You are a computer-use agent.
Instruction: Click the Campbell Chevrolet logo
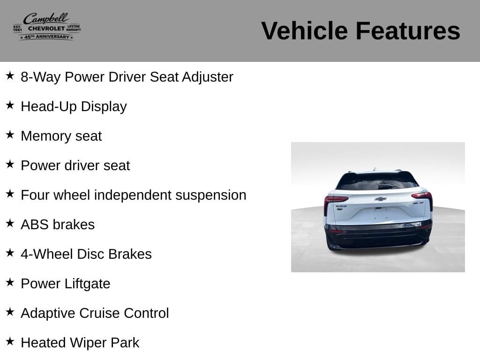pyautogui.click(x=47, y=27)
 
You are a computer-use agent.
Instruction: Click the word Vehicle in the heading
pyautogui.click(x=304, y=31)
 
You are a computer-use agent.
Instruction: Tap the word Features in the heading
pyautogui.click(x=408, y=31)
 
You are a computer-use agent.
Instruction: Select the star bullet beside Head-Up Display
pyautogui.click(x=10, y=105)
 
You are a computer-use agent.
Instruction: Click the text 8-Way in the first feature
pyautogui.click(x=41, y=77)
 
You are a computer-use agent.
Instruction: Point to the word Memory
pyautogui.click(x=46, y=136)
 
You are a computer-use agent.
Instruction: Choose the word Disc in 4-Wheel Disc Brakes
pyautogui.click(x=90, y=254)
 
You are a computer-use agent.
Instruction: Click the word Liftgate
pyautogui.click(x=87, y=284)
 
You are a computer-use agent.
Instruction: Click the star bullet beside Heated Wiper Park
pyautogui.click(x=10, y=341)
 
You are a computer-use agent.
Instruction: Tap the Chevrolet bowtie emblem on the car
pyautogui.click(x=380, y=199)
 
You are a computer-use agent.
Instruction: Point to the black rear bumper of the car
pyautogui.click(x=378, y=236)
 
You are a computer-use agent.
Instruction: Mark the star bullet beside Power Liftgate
pyautogui.click(x=10, y=282)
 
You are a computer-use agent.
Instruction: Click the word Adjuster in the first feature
pyautogui.click(x=207, y=77)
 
